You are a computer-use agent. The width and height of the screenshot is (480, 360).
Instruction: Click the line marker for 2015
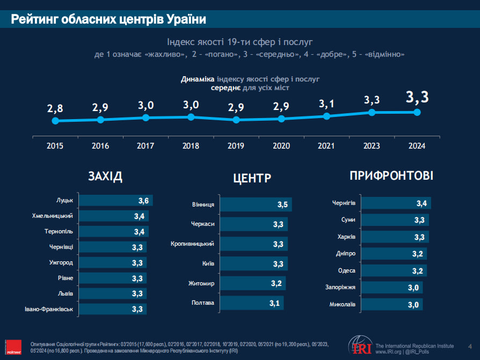tap(55, 121)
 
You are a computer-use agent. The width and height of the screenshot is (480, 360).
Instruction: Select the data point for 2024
tap(417, 112)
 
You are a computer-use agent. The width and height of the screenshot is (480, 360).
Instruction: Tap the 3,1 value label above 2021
tap(326, 104)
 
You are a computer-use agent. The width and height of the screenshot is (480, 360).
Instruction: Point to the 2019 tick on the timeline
tap(236, 145)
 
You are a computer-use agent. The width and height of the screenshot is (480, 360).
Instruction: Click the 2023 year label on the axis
tap(372, 145)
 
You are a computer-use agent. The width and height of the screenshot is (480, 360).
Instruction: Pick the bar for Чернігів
tap(395, 203)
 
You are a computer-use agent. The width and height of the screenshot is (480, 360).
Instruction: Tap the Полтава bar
tap(251, 304)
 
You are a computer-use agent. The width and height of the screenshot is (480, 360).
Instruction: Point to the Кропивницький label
tap(192, 244)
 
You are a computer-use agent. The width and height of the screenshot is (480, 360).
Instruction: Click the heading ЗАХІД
tap(105, 177)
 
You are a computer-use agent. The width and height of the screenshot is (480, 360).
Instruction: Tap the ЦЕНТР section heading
tap(252, 179)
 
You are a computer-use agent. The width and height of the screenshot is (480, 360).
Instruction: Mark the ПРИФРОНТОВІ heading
tap(391, 176)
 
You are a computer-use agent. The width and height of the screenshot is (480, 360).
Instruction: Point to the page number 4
tap(470, 346)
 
